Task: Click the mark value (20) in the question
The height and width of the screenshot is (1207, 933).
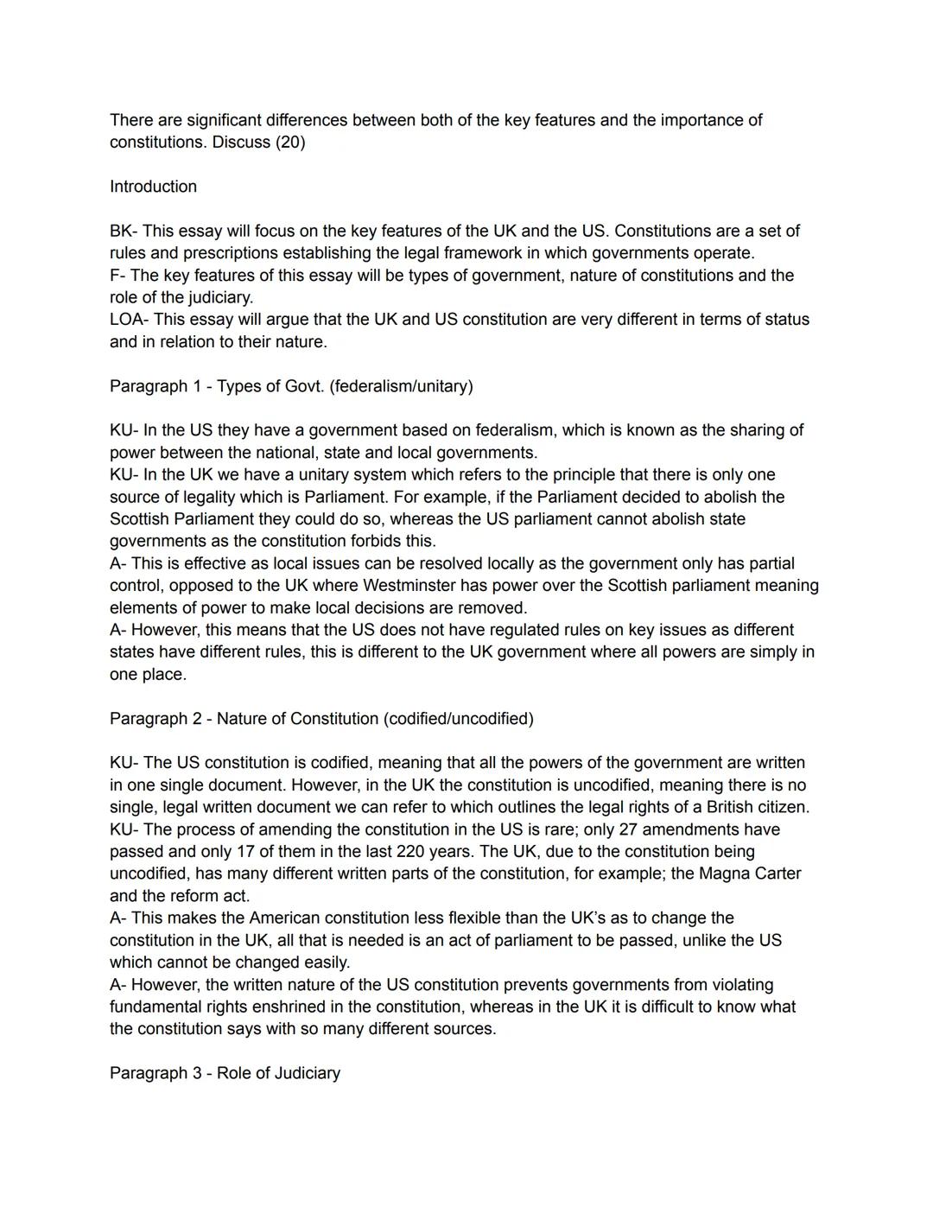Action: coord(289,143)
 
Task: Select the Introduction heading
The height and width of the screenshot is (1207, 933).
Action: coord(153,187)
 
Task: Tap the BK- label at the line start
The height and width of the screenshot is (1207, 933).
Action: coord(124,232)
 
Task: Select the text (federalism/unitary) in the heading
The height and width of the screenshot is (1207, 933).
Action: coord(400,386)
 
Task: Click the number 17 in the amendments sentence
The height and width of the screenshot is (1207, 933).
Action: coord(212,852)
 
